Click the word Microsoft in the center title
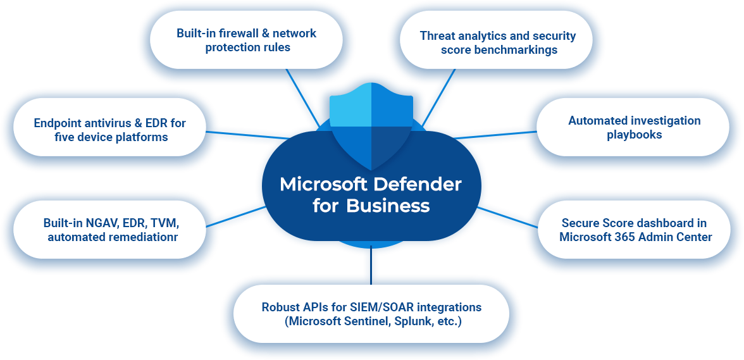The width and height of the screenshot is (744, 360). (x=323, y=185)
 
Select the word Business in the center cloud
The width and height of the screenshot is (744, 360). (x=388, y=206)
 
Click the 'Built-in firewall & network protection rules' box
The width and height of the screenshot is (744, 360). (x=247, y=40)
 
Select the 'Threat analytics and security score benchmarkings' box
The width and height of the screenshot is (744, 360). (x=498, y=42)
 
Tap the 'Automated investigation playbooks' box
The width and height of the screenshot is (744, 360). (x=634, y=127)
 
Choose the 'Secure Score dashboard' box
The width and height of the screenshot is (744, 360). (x=635, y=230)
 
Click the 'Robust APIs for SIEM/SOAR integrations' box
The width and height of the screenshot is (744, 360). (x=371, y=314)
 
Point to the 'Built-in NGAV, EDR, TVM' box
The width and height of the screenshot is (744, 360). (x=111, y=230)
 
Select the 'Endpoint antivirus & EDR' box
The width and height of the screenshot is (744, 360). (x=109, y=130)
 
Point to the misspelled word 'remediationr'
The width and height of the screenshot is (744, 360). (x=138, y=238)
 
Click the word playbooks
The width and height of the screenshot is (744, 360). (x=634, y=135)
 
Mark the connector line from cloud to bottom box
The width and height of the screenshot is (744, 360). (x=371, y=263)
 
